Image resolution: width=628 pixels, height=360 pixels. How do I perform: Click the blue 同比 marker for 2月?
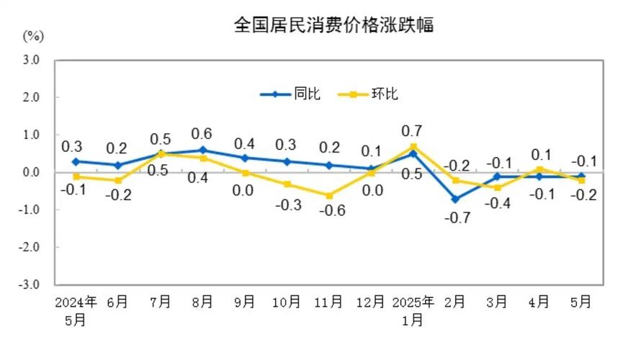pyautogui.click(x=456, y=199)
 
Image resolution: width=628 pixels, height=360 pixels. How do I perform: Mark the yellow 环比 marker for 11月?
pyautogui.click(x=329, y=195)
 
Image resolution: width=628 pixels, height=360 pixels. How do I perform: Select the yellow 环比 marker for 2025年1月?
pyautogui.click(x=413, y=147)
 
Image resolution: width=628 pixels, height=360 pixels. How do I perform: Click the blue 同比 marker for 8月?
pyautogui.click(x=202, y=150)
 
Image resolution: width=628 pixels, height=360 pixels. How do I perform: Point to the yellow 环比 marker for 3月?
pyautogui.click(x=497, y=187)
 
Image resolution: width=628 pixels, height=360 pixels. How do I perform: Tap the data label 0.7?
pyautogui.click(x=413, y=130)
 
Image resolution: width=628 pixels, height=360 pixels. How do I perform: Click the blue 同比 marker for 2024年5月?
pyautogui.click(x=76, y=161)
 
